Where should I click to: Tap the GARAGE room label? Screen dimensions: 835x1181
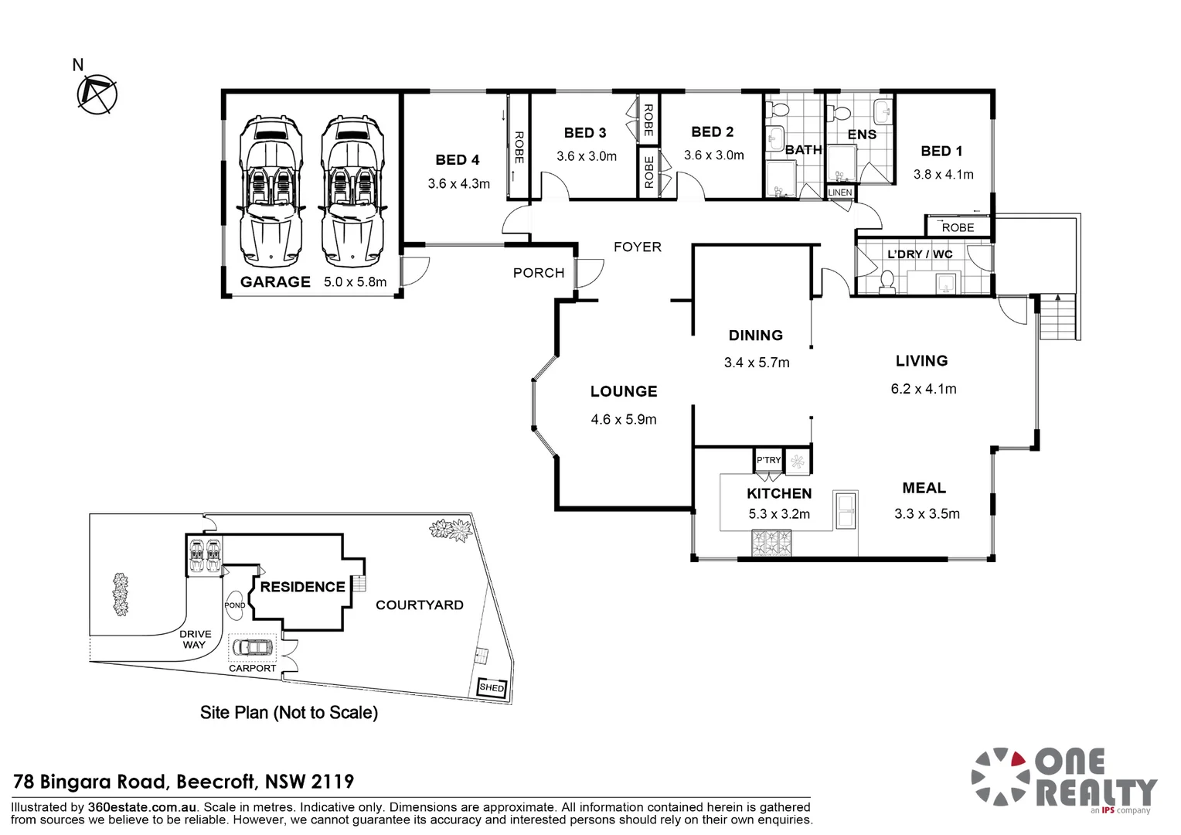tap(275, 282)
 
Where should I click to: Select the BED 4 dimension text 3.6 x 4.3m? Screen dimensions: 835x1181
tap(458, 184)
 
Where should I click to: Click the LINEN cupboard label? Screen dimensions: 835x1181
tap(839, 193)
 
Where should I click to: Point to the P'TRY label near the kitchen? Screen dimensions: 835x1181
tap(768, 460)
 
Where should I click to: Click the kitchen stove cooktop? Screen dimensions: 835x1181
tap(772, 543)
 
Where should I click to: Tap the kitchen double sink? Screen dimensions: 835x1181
tap(845, 510)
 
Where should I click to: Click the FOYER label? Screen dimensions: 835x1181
tap(637, 247)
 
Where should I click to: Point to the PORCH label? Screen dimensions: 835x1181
tap(539, 273)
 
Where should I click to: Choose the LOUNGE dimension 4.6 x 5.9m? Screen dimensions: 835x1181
tap(624, 420)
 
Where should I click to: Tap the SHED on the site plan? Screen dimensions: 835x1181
tap(492, 687)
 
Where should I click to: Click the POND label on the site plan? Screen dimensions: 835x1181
tap(235, 605)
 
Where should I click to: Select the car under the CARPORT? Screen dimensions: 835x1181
tap(252, 646)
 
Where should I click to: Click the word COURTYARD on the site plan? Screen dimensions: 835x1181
tap(419, 605)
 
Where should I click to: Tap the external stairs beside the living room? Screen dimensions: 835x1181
tap(1058, 316)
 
